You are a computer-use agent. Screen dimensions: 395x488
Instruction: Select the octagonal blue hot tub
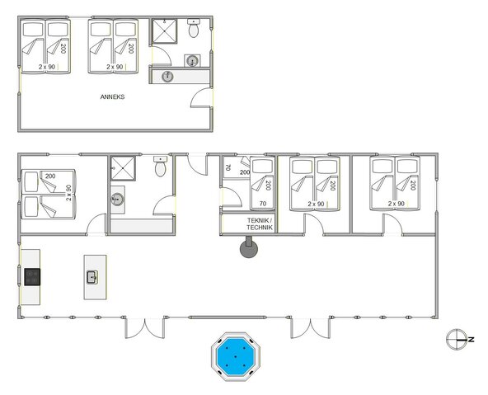235,355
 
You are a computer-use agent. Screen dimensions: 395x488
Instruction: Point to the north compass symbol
456,339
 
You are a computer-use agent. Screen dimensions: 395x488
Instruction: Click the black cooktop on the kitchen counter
31,277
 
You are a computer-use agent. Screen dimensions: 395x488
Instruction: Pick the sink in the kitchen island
91,277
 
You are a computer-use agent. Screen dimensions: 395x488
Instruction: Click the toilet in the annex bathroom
194,30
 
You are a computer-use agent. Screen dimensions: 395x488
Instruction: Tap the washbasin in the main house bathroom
117,199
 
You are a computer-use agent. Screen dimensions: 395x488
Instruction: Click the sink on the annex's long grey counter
168,76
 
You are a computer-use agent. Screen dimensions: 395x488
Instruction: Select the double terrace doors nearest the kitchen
138,328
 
